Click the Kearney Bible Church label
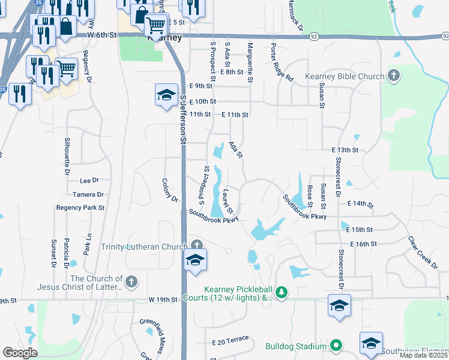click(345, 77)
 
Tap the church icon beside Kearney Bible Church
click(393, 76)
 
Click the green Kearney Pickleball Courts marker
click(280, 293)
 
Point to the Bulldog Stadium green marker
click(336, 346)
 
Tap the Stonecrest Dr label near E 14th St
click(337, 192)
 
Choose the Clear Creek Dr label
click(423, 251)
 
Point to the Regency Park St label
click(80, 208)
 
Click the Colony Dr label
click(170, 190)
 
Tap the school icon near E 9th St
click(166, 96)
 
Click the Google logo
click(20, 353)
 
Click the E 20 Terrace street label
click(230, 340)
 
